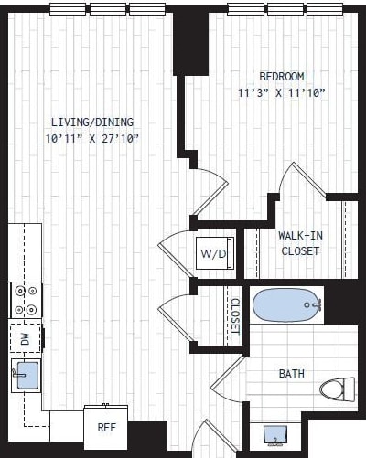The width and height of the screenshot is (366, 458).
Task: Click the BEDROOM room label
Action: (281, 77)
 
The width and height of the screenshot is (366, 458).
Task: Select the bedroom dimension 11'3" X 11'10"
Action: (281, 92)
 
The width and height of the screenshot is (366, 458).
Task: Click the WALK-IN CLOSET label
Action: (300, 243)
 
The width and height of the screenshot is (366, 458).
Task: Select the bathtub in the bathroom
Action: (286, 305)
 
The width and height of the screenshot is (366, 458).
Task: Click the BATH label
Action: (293, 373)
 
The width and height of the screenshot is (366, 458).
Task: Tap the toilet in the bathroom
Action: (337, 389)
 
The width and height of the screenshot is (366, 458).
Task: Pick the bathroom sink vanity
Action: (275, 435)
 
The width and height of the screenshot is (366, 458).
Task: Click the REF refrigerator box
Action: (105, 426)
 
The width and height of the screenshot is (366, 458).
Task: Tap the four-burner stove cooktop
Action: (25, 299)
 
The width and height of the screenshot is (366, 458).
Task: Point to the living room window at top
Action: (108, 9)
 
